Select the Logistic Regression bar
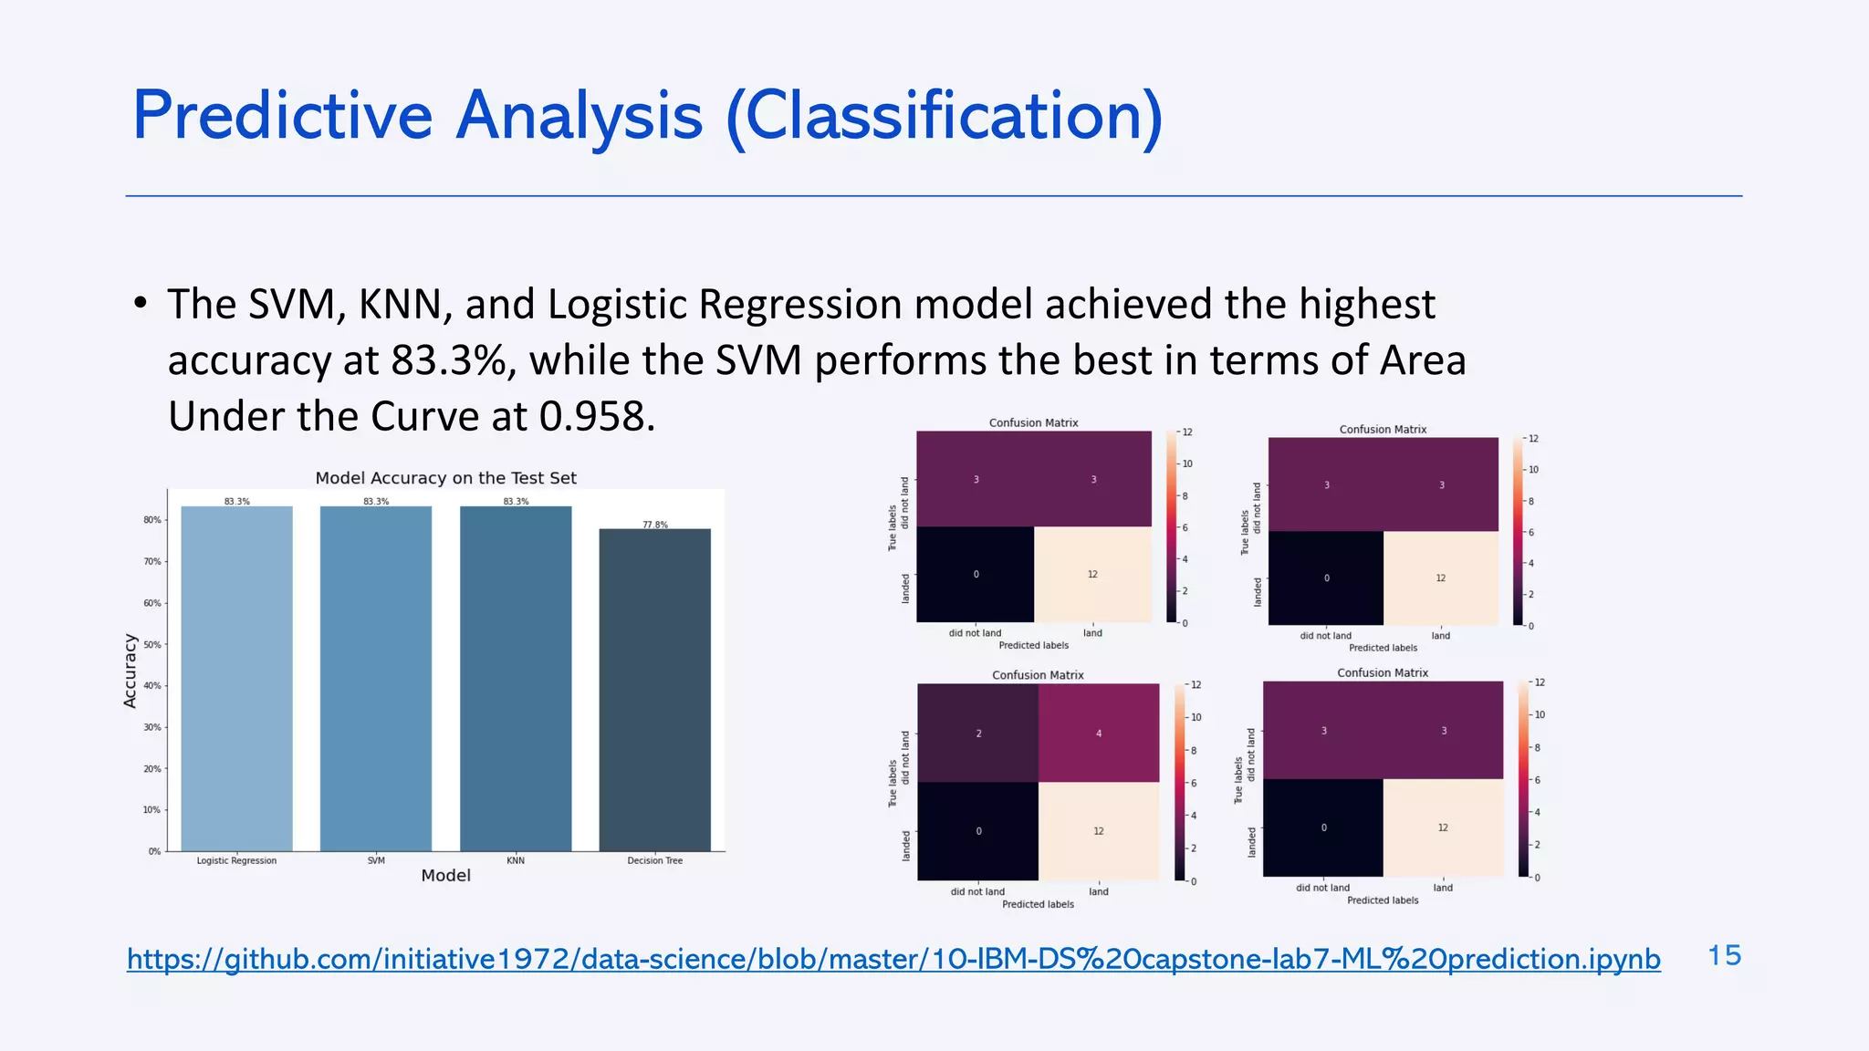click(236, 679)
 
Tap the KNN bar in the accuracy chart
click(516, 679)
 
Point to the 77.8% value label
click(654, 525)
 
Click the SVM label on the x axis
click(376, 860)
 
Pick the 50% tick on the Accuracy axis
click(152, 644)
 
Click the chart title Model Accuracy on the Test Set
click(445, 478)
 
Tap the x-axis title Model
click(445, 876)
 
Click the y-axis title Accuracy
click(130, 671)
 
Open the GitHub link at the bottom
click(893, 959)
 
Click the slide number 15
click(1724, 955)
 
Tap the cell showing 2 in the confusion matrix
click(978, 733)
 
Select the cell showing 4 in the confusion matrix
click(1099, 733)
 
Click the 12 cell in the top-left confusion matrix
click(1092, 575)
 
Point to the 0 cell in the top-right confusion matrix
click(1326, 578)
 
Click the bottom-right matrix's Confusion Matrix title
click(1383, 672)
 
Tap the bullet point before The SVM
click(140, 304)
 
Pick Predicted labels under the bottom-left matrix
click(1038, 904)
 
